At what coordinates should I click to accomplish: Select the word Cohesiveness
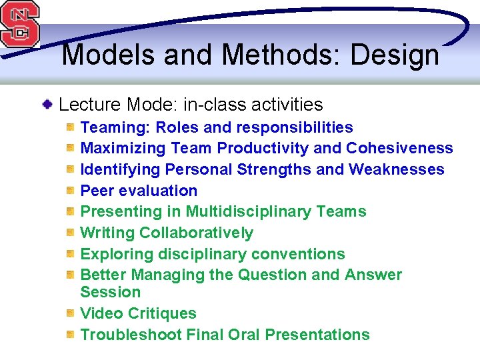[x=399, y=148]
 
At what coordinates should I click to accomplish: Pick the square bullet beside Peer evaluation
[x=70, y=191]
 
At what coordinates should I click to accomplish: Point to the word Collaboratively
[x=196, y=233]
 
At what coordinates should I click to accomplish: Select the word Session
[x=111, y=292]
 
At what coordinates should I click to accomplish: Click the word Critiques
[x=163, y=313]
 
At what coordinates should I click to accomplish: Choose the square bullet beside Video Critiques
[x=70, y=313]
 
